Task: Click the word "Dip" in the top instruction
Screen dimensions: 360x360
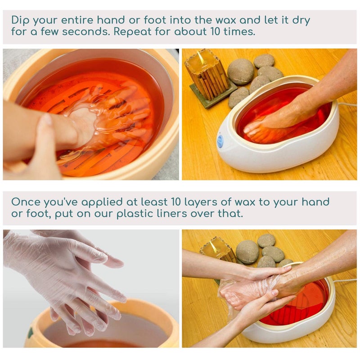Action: coord(19,21)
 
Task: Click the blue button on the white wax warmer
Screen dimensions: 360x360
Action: coord(220,141)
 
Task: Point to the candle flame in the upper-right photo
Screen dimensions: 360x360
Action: coord(201,57)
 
